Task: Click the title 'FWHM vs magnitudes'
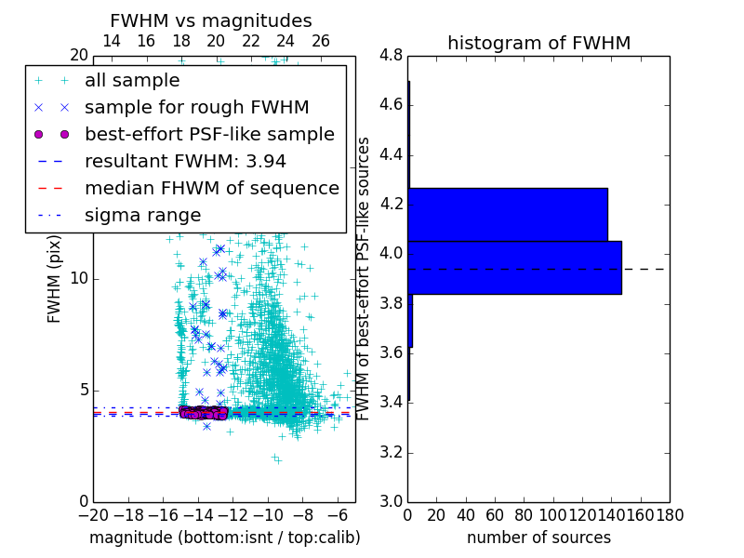211,20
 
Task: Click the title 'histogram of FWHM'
538,43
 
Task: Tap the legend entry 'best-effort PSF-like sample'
209,134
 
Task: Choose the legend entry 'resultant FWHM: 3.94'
185,161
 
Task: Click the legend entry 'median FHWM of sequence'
211,188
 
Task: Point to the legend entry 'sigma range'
142,215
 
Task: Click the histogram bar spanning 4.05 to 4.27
508,215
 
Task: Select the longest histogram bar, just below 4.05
514,268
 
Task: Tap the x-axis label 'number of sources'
538,538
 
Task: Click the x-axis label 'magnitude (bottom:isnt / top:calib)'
224,538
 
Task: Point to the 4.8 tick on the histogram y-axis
391,56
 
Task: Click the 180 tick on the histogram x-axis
670,513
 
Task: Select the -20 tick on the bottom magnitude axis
92,513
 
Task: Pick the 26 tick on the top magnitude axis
321,41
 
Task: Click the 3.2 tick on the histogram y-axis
391,452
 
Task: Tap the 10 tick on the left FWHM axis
79,279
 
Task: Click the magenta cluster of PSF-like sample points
204,412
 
